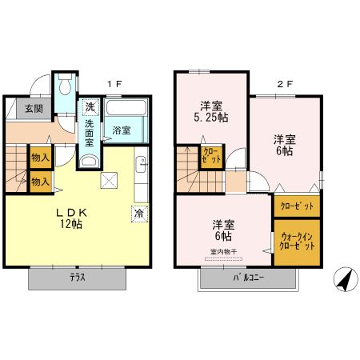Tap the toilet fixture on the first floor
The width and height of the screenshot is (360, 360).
[x=65, y=85]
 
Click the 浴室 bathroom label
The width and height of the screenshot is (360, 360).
[x=121, y=130]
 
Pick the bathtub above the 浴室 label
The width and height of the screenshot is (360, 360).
[x=124, y=109]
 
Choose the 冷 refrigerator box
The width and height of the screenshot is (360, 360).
[x=138, y=214]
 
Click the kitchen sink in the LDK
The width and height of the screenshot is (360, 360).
[x=141, y=165]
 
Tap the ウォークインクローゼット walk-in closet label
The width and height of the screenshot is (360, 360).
[x=298, y=240]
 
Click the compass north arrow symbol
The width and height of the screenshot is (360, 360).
[x=342, y=279]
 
